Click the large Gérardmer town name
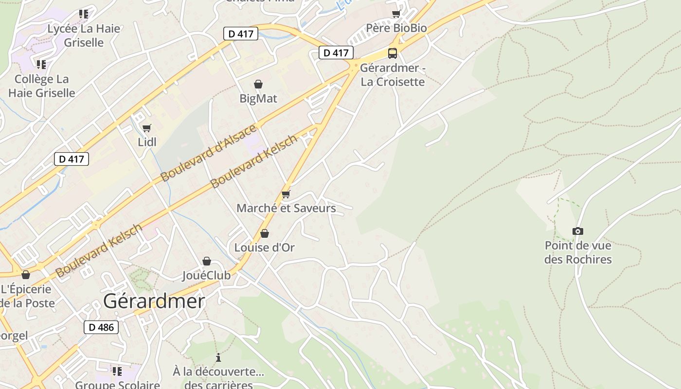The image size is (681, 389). pos(154,301)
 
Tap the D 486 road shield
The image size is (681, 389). pos(101,327)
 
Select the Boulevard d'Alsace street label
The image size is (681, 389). pos(208,153)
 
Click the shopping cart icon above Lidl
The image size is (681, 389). pos(146,128)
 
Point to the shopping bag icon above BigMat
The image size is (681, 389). pos(258,85)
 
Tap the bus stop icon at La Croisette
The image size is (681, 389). pos(393,53)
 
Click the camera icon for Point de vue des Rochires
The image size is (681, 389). pos(578,231)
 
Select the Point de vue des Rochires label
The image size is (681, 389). pos(578,252)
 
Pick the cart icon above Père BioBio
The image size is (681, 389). pos(396,14)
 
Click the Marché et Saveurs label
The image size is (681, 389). pos(286,208)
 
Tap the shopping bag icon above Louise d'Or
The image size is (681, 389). pos(265,234)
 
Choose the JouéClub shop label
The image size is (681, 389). pos(206,276)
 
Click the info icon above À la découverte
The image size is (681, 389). pos(218,357)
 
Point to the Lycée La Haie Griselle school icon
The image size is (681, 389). pos(84,14)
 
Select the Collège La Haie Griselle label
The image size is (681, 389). pos(42,86)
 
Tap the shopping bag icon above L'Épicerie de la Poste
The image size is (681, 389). pos(26,275)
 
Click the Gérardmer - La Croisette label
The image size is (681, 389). pos(393,74)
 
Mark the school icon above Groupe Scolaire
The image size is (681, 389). pos(117,371)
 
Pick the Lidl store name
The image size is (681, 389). pos(147,142)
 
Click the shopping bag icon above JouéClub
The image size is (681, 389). pos(207,262)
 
